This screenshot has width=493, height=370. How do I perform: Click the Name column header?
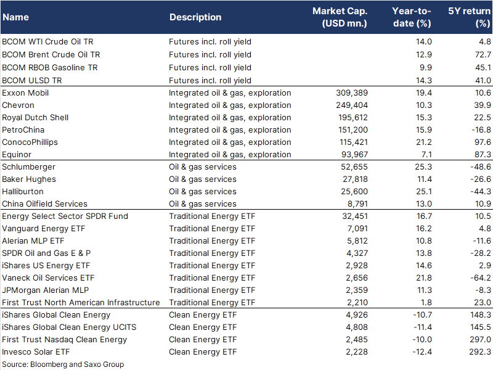[x=16, y=17]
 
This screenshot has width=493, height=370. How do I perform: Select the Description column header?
[x=195, y=17]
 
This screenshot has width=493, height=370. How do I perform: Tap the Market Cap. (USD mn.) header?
[x=340, y=17]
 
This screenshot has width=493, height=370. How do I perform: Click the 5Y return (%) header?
[x=469, y=17]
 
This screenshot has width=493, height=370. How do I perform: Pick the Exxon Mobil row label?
[x=25, y=93]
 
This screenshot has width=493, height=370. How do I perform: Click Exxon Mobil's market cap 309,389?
[x=352, y=93]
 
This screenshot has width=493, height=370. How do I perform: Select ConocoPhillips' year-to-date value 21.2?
[x=424, y=142]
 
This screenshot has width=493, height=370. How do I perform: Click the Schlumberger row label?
[x=28, y=166]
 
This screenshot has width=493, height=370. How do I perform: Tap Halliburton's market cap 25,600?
[x=354, y=191]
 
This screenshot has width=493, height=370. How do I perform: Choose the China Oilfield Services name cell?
[x=44, y=204]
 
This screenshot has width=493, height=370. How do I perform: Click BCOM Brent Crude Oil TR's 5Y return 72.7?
[x=483, y=54]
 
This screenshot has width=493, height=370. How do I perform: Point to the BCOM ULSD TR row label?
[x=32, y=81]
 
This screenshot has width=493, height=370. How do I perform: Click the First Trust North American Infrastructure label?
[x=81, y=302]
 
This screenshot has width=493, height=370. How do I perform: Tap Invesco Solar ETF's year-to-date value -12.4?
[x=422, y=351]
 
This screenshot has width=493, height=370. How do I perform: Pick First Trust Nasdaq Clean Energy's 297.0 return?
[x=481, y=340]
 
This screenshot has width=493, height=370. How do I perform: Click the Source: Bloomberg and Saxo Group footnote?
[x=63, y=364]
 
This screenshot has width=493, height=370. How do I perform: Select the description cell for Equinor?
[x=230, y=155]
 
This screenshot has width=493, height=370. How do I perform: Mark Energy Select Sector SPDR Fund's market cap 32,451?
[x=355, y=216]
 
